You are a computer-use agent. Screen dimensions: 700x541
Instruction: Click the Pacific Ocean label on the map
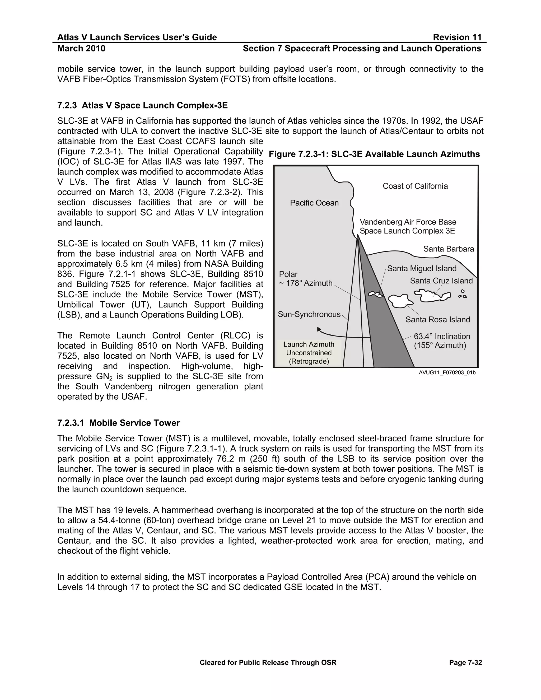(x=314, y=203)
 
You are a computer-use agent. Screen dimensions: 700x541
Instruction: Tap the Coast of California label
(x=415, y=186)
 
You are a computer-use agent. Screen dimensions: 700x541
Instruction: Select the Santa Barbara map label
(x=448, y=249)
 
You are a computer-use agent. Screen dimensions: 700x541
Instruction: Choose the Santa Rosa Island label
(x=437, y=320)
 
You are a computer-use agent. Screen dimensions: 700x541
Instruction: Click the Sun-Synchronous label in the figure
(x=309, y=314)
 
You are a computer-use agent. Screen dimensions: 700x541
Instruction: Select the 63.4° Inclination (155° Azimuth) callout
(x=442, y=341)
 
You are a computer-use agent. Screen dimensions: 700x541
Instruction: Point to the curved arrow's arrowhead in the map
(x=319, y=329)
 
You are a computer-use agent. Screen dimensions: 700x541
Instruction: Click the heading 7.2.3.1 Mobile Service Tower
(x=118, y=423)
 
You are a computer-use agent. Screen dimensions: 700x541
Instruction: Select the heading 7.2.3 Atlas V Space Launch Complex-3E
(x=142, y=105)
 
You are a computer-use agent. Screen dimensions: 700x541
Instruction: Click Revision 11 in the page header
(x=457, y=38)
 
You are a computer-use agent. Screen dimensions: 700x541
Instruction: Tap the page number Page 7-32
(x=465, y=663)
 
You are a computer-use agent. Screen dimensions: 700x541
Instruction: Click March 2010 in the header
(x=81, y=48)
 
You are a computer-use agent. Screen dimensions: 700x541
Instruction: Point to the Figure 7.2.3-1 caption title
(x=374, y=155)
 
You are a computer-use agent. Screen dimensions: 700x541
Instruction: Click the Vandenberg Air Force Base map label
(x=408, y=222)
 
